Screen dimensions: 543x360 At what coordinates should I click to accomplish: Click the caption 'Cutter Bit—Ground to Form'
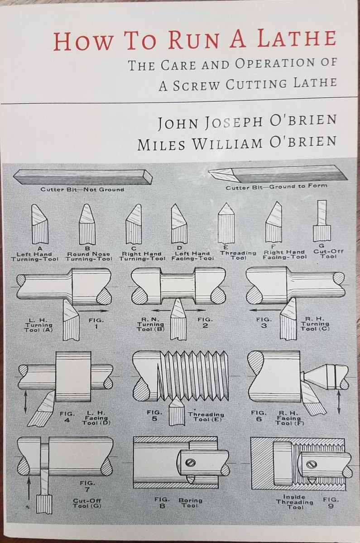click(x=276, y=186)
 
